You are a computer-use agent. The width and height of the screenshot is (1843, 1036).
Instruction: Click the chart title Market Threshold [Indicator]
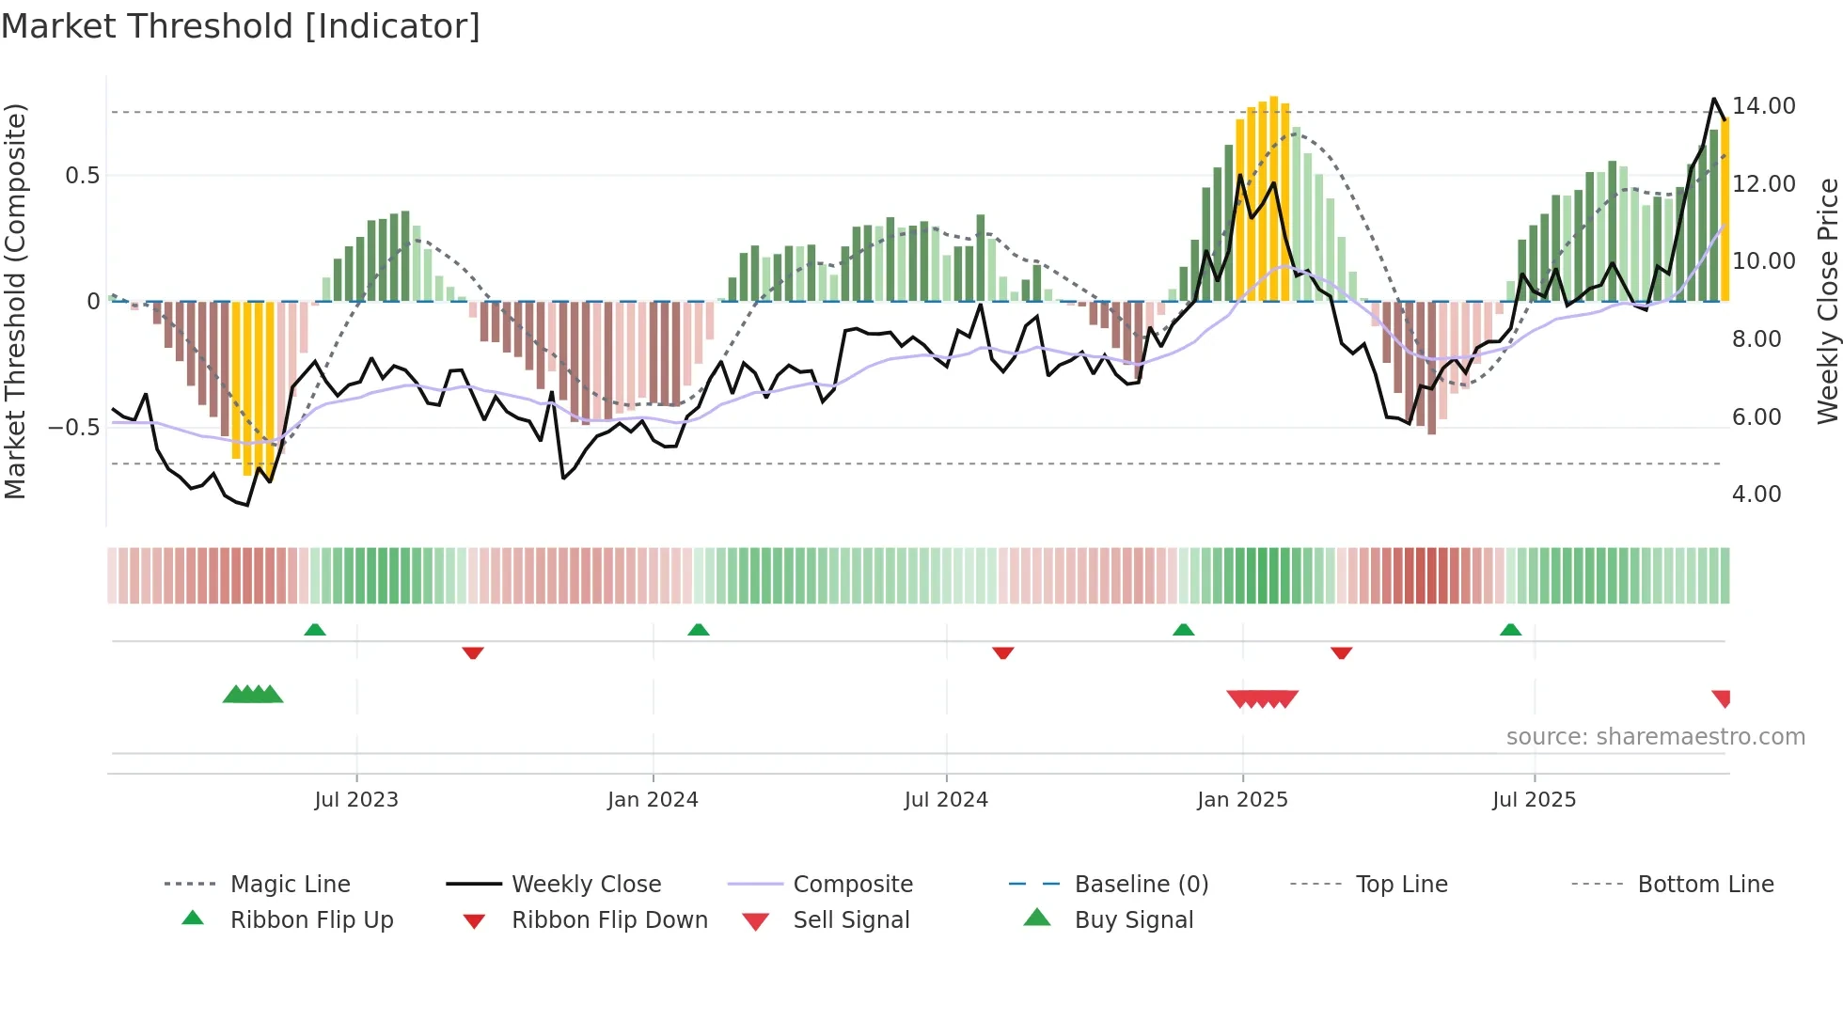coord(241,26)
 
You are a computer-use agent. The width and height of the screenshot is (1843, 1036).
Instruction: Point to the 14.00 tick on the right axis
coord(1763,106)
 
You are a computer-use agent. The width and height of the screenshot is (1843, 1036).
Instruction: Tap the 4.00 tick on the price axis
coord(1756,494)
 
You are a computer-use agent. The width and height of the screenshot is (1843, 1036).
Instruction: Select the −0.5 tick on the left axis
coord(74,428)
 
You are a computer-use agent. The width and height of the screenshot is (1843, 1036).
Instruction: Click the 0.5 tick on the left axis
coord(82,176)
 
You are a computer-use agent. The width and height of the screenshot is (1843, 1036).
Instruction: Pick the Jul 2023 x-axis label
coord(356,800)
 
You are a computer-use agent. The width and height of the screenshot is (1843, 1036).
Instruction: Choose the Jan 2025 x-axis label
coord(1242,800)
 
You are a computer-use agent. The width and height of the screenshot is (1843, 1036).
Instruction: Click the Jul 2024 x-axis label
coord(946,800)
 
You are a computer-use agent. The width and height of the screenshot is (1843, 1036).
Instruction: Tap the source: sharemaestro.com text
coord(1655,737)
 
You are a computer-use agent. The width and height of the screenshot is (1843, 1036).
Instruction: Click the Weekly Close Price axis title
coord(1827,301)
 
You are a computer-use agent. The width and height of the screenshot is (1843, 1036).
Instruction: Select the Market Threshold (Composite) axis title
coord(15,301)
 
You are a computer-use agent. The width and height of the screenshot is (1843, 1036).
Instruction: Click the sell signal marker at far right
coord(1722,699)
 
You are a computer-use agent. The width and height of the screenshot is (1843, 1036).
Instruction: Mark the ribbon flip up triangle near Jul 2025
coord(1510,630)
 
